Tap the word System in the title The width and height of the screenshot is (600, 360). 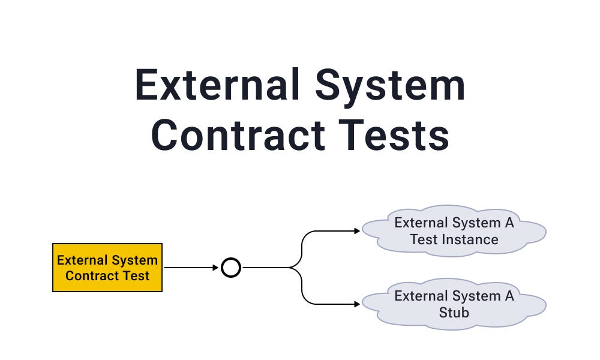[391, 86]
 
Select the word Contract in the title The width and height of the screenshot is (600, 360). [239, 135]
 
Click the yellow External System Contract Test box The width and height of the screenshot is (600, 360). [107, 268]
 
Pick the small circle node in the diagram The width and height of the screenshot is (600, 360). [231, 268]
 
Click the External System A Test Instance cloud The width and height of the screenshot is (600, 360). [454, 231]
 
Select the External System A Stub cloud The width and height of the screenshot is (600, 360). [454, 304]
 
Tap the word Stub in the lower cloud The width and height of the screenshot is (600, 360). [454, 312]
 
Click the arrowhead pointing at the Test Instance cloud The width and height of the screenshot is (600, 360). [357, 231]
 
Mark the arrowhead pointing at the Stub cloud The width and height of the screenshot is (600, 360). [357, 304]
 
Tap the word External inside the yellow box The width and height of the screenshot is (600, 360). [81, 260]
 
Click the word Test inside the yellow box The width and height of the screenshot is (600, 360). [136, 276]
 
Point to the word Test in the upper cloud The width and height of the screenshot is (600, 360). [424, 239]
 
